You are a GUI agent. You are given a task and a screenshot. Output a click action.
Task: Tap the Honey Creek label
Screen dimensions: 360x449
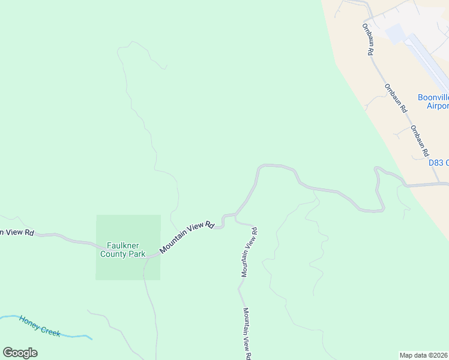point(40,326)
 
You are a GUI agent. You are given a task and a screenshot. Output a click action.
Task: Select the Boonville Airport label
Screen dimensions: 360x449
point(433,101)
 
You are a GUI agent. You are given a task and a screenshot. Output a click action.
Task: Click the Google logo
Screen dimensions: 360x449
point(20,352)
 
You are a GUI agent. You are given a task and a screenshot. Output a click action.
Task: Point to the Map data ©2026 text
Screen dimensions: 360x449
point(424,355)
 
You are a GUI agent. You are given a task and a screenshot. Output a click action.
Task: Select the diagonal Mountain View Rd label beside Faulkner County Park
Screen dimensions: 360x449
point(187,237)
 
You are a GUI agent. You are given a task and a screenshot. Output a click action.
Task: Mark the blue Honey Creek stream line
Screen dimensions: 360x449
point(72,335)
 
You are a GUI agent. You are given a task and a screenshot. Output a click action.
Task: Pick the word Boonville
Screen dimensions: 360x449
point(433,97)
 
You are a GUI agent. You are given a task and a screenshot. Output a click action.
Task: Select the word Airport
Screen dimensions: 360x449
point(437,106)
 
